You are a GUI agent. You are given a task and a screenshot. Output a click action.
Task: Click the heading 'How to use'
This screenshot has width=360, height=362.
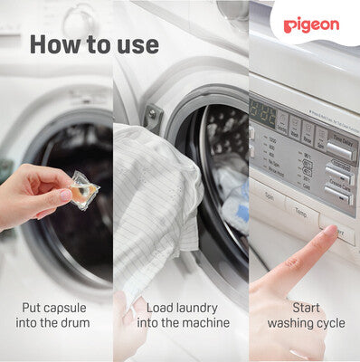click(93, 44)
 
